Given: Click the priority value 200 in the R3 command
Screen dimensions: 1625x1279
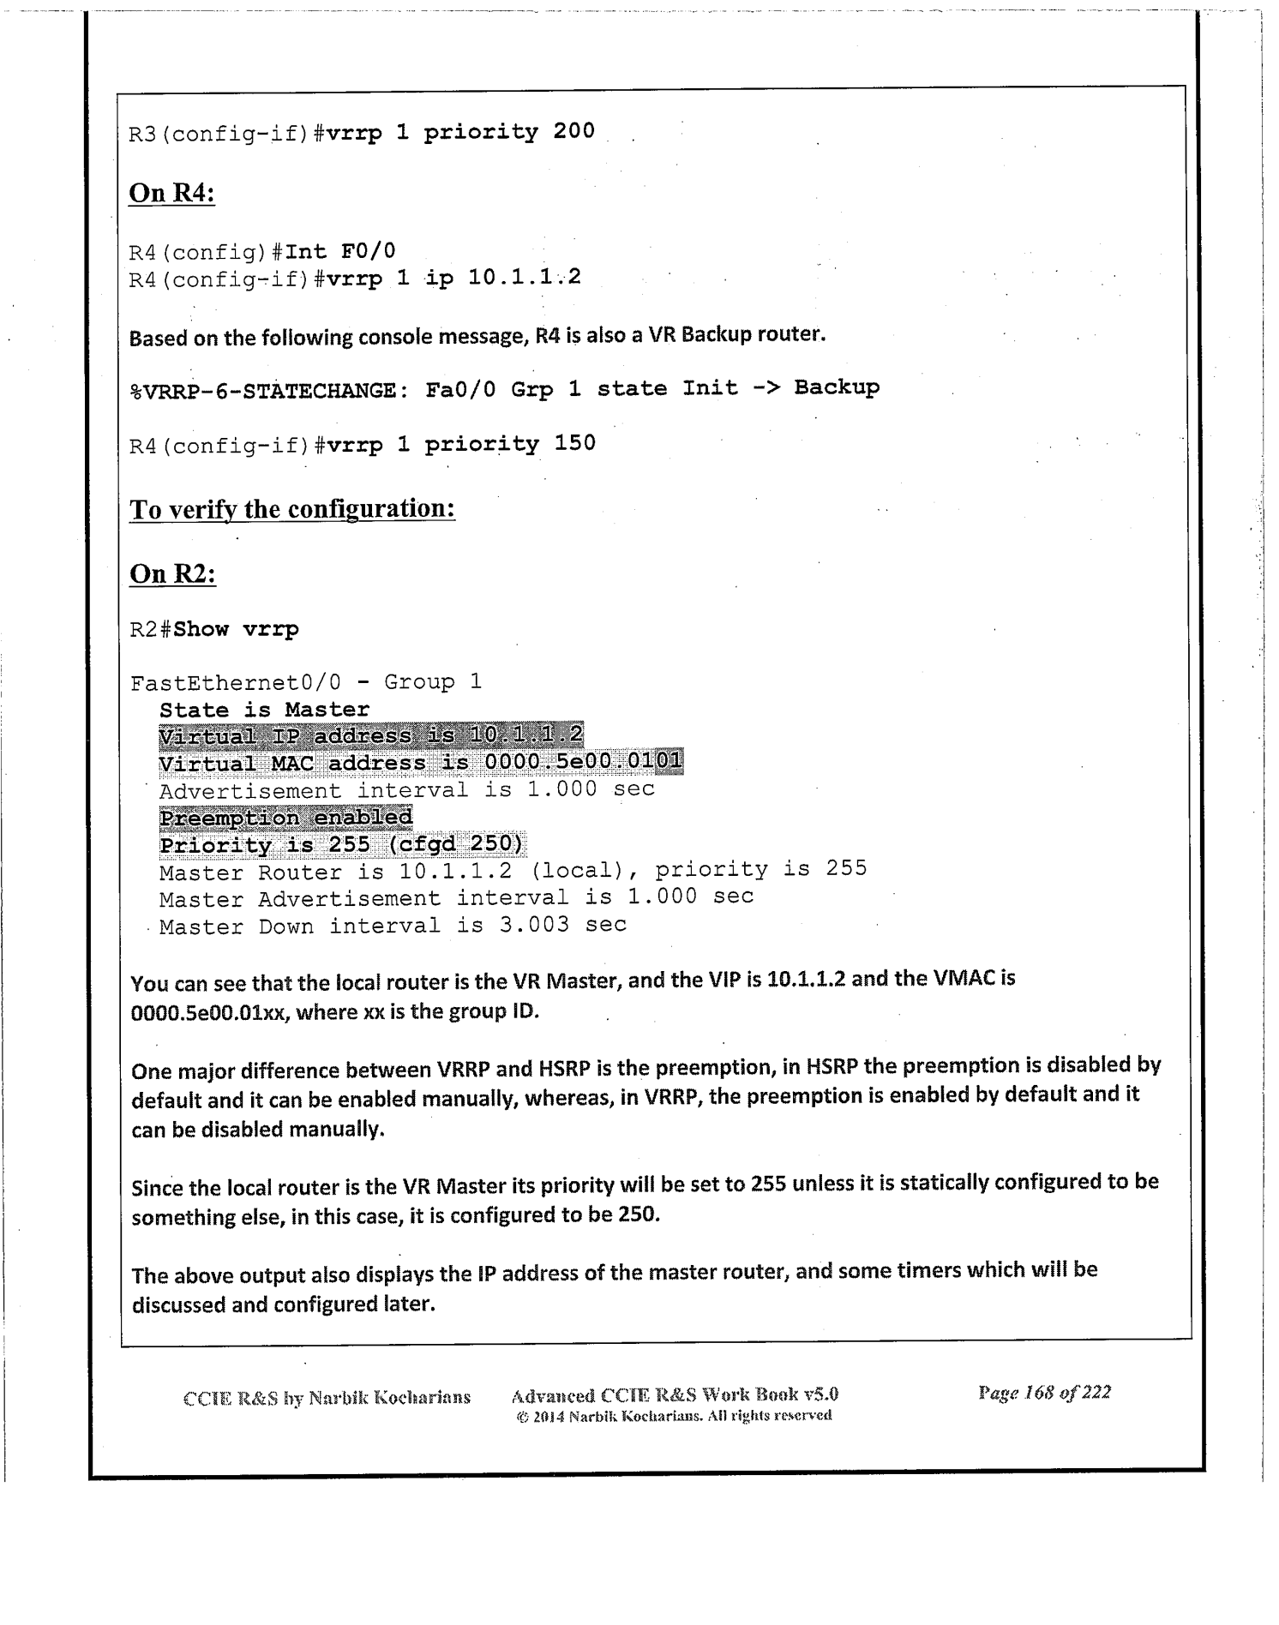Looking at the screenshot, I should click(573, 131).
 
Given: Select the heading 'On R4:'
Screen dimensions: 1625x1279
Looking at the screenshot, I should click(171, 193).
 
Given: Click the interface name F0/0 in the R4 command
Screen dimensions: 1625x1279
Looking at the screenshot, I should click(369, 251).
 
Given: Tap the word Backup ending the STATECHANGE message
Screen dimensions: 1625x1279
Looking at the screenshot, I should click(837, 387).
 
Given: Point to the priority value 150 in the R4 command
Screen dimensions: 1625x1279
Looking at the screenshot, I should click(574, 443).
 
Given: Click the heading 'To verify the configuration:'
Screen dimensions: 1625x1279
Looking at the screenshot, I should click(291, 509).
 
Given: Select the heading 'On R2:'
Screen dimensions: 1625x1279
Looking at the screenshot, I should click(172, 573).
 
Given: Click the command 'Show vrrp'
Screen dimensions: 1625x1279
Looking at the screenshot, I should click(236, 629).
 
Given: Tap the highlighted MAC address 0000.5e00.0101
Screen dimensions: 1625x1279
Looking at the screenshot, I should click(583, 762).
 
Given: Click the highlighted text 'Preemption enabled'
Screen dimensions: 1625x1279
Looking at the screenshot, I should click(285, 818).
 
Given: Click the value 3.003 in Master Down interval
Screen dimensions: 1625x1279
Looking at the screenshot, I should click(534, 926).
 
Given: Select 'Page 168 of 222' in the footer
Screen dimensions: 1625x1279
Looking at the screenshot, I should click(1044, 1393).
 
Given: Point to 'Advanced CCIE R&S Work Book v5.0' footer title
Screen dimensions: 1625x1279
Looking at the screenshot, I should click(674, 1395).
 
